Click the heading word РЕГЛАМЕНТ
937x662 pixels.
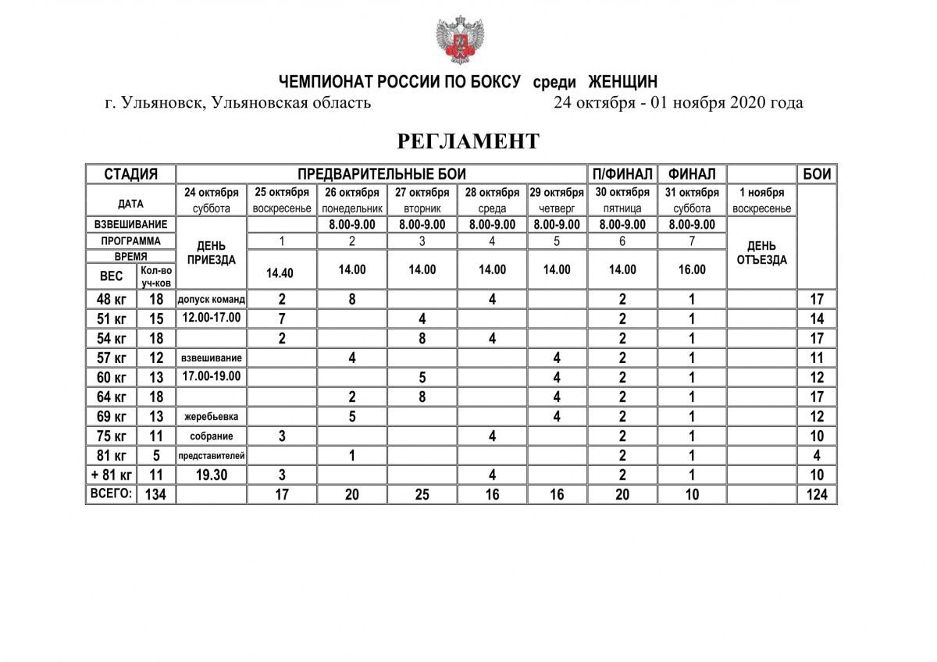pyautogui.click(x=468, y=141)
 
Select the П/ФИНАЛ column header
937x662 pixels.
pyautogui.click(x=622, y=174)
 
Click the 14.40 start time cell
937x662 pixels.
pyautogui.click(x=281, y=272)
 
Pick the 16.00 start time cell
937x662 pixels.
pyautogui.click(x=692, y=270)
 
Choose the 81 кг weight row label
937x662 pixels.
pyautogui.click(x=112, y=456)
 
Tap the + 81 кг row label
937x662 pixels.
pyautogui.click(x=110, y=475)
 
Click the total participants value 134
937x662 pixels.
pyautogui.click(x=156, y=494)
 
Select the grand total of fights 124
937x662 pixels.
pyautogui.click(x=817, y=494)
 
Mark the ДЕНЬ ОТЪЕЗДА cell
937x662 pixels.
pyautogui.click(x=761, y=253)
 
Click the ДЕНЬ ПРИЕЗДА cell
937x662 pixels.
pyautogui.click(x=212, y=253)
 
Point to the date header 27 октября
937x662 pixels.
pyautogui.click(x=422, y=193)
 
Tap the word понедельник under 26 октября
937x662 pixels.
pyautogui.click(x=351, y=208)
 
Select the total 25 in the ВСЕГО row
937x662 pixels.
pyautogui.click(x=422, y=494)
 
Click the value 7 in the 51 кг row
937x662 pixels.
pyautogui.click(x=281, y=319)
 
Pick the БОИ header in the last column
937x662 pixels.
pyautogui.click(x=817, y=174)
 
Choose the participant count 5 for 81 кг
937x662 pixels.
pyautogui.click(x=156, y=456)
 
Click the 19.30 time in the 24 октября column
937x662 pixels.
pyautogui.click(x=212, y=475)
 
